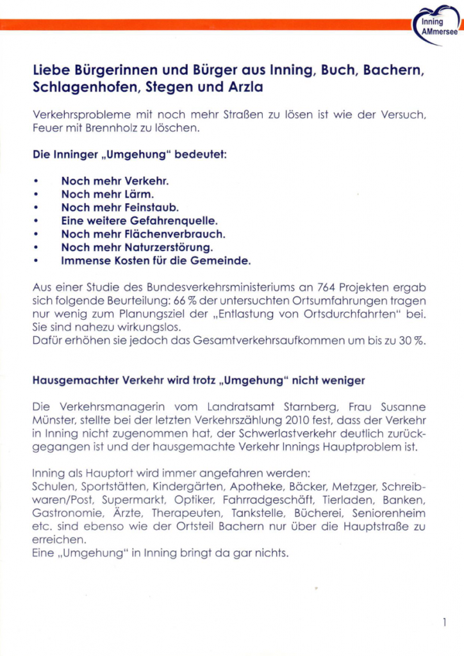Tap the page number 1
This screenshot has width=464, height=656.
coord(444,621)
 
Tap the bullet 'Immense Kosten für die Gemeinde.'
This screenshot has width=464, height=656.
coord(156,261)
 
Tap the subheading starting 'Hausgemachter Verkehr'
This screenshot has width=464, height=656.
coord(198,381)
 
